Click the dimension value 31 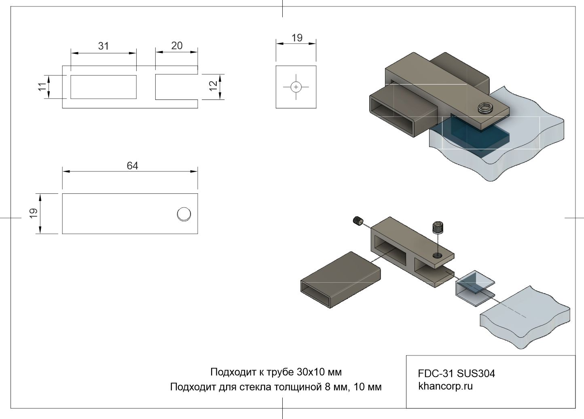(x=104, y=46)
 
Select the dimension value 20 (x=177, y=46)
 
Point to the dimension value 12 (x=213, y=85)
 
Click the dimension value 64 (x=132, y=166)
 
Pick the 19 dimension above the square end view (x=297, y=38)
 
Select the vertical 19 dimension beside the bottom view (x=34, y=213)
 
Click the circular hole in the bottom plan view (x=184, y=214)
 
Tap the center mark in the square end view (x=296, y=87)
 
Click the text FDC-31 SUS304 (x=456, y=373)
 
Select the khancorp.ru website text (x=445, y=386)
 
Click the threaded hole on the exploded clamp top (x=437, y=255)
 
